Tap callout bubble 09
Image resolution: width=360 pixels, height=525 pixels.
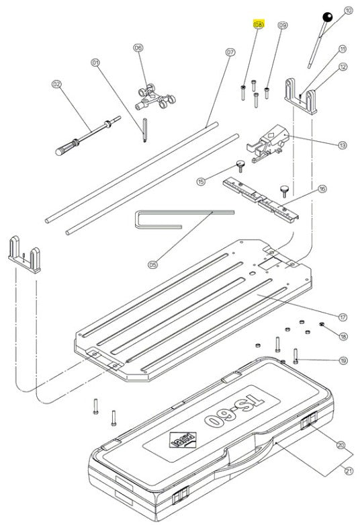click(x=282, y=25)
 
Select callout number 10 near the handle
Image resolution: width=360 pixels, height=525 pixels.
click(x=347, y=10)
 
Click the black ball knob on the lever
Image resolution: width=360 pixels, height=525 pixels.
click(x=327, y=17)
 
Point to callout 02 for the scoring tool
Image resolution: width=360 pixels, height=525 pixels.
click(x=56, y=85)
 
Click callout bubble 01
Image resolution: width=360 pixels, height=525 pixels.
click(x=95, y=63)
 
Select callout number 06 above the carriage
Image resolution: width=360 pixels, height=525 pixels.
click(x=138, y=48)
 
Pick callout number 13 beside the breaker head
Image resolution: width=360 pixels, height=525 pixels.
click(x=343, y=145)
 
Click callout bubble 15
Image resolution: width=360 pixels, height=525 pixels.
click(x=201, y=181)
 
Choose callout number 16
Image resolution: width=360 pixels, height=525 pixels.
click(x=322, y=190)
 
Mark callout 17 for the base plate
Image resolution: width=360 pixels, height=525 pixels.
click(x=343, y=316)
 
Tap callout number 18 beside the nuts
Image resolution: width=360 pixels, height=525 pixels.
click(x=343, y=336)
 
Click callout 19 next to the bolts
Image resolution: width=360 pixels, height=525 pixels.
click(x=343, y=361)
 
